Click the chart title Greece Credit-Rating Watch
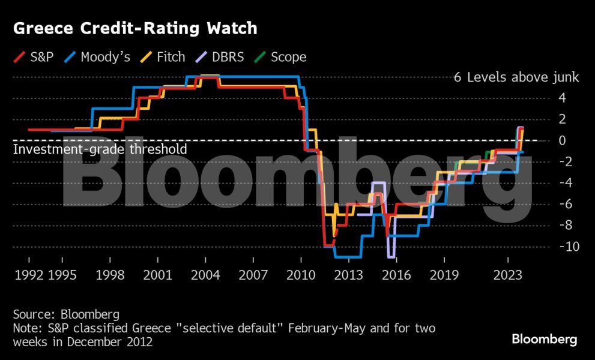(135, 28)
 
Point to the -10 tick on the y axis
(567, 247)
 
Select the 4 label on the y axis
(563, 98)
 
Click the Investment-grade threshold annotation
(100, 149)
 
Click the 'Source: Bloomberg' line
(66, 314)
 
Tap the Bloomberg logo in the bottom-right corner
(545, 340)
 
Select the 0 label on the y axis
(563, 140)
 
